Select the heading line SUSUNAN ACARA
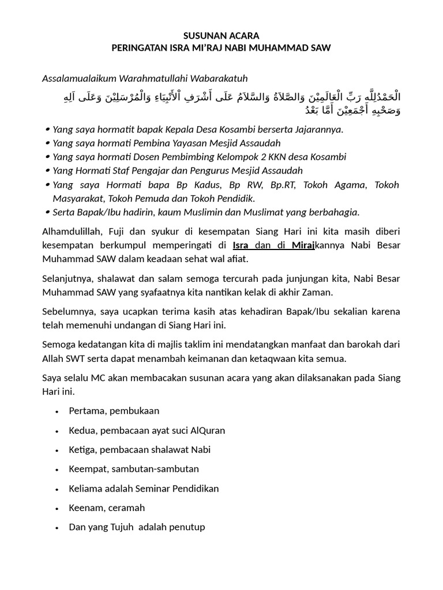pos(221,36)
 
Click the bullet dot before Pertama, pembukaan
pos(57,411)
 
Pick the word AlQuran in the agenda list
pos(206,430)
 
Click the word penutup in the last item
pos(187,527)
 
